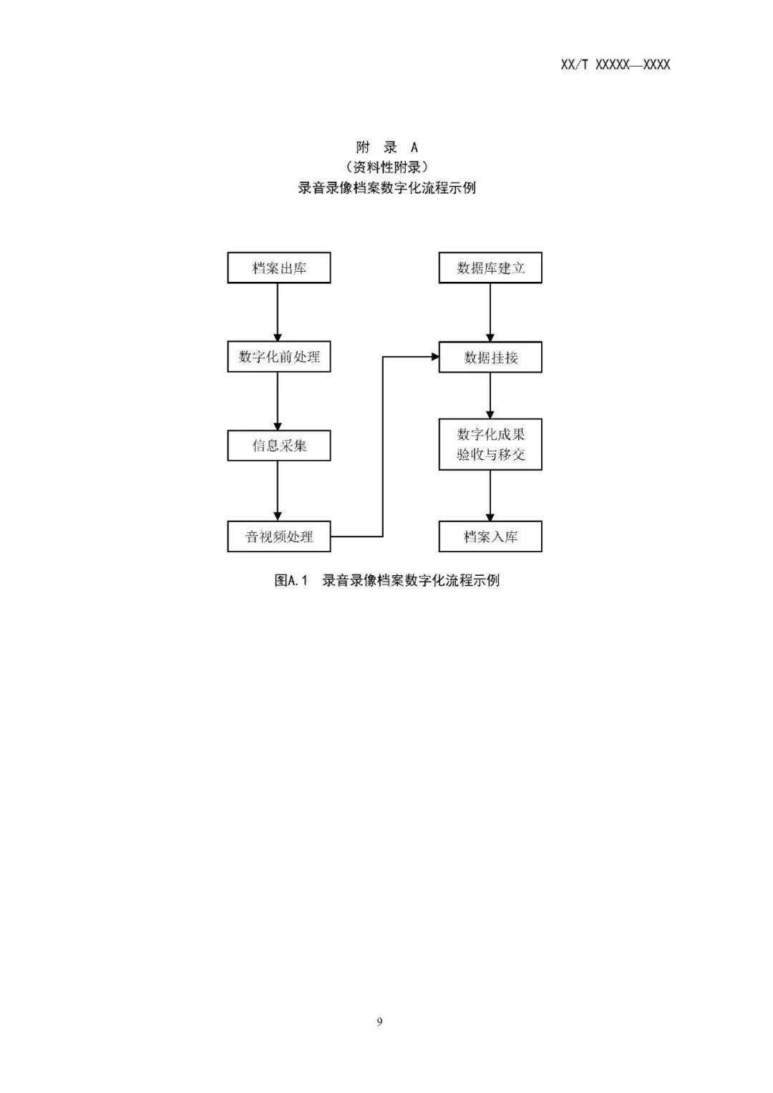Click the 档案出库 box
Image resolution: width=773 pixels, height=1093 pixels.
[279, 268]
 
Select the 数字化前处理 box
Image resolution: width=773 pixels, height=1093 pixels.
[279, 357]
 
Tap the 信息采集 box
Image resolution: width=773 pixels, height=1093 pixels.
[279, 446]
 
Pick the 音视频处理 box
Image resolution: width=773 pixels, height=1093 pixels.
[279, 536]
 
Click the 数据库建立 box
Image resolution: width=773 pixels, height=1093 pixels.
[490, 268]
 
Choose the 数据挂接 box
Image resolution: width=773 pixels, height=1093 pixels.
[490, 357]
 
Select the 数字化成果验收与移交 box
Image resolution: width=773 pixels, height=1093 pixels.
[490, 444]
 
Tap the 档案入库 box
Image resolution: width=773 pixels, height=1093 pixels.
[490, 536]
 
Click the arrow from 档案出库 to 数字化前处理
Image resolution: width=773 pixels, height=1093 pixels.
[278, 313]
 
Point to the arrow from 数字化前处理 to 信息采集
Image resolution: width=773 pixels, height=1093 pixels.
[278, 401]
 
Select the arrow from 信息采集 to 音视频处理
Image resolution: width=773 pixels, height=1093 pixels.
[278, 491]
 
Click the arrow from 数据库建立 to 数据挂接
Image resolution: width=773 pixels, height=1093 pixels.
[490, 313]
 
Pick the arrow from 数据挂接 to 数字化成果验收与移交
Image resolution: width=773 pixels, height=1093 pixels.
[490, 396]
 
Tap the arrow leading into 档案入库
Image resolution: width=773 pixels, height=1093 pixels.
[490, 496]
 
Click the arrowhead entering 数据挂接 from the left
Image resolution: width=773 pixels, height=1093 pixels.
[435, 357]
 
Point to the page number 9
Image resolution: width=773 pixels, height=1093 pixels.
[379, 1021]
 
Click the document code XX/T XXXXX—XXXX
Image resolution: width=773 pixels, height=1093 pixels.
[616, 64]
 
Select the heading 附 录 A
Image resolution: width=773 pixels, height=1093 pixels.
[386, 147]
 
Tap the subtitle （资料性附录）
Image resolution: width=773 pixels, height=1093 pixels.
[386, 167]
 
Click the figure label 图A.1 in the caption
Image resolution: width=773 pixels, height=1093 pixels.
[291, 580]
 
